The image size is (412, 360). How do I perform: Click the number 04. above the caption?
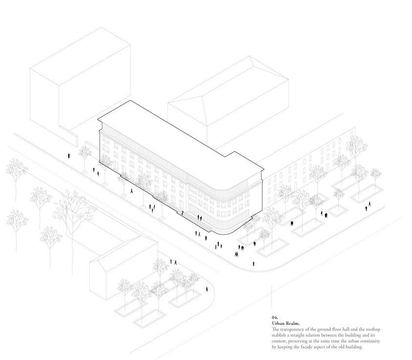[x=275, y=318]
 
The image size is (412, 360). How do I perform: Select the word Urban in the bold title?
[x=279, y=323]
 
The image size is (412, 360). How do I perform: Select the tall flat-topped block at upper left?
[x=78, y=83]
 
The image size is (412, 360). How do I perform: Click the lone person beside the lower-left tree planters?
[x=206, y=289]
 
